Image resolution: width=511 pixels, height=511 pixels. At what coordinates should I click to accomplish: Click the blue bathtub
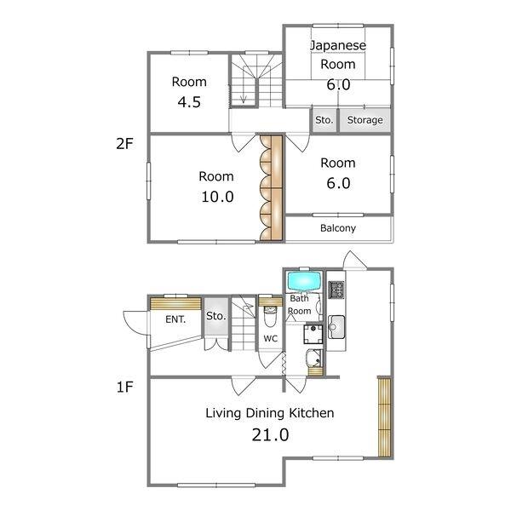click(x=304, y=281)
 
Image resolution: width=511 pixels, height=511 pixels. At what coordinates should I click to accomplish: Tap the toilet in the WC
click(x=270, y=316)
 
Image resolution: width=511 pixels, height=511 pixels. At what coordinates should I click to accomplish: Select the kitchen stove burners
click(x=336, y=290)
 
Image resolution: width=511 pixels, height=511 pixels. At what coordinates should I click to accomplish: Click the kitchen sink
click(x=336, y=327)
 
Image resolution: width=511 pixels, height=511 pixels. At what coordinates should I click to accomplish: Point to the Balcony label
click(x=338, y=228)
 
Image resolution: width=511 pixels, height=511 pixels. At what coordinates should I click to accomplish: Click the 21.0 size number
click(x=270, y=434)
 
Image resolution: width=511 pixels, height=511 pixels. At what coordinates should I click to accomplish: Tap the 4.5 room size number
click(x=189, y=102)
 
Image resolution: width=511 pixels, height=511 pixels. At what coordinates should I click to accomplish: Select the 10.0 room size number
click(x=217, y=197)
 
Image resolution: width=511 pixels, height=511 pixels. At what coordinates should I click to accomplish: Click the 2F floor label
click(x=125, y=144)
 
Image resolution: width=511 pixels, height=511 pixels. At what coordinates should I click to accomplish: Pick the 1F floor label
click(x=125, y=387)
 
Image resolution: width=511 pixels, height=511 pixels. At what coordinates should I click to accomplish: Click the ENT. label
click(x=175, y=319)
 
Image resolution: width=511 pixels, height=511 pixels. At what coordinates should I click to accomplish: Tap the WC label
click(x=271, y=339)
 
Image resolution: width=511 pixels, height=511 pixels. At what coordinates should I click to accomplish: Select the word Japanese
click(x=338, y=45)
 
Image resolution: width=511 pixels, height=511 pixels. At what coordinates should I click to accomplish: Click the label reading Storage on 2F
click(x=365, y=120)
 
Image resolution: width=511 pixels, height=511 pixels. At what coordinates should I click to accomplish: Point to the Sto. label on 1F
click(x=215, y=316)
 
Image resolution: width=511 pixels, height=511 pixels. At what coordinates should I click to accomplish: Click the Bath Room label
click(x=299, y=305)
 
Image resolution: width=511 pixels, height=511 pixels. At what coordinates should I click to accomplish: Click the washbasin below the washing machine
click(x=313, y=358)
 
